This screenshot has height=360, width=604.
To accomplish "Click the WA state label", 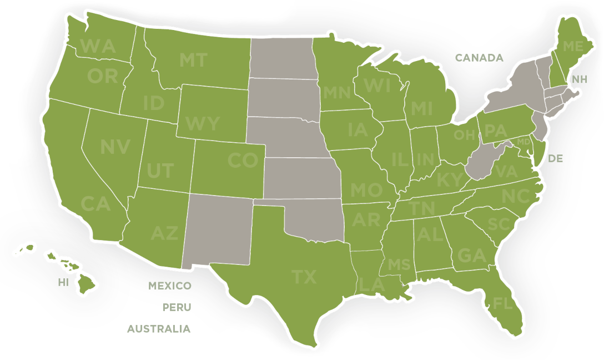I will point(98,46).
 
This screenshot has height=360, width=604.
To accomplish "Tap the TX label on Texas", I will point(304,277).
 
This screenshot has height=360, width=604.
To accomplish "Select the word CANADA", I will point(479,58).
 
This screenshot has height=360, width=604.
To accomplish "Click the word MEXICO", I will point(170,286).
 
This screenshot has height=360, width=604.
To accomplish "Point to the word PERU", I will point(177,307).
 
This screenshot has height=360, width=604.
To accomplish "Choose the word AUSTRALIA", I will point(159,329).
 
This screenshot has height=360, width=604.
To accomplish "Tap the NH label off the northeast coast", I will point(580,79).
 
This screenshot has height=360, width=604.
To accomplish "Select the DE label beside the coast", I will point(556,159).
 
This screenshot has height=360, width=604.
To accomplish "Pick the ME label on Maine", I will point(572,47).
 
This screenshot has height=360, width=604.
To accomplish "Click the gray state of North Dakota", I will point(281,58).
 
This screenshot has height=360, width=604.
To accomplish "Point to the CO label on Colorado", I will point(243,161).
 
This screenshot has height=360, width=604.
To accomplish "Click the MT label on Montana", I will point(193,60).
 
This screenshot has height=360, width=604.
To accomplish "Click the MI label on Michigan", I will point(421,108).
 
